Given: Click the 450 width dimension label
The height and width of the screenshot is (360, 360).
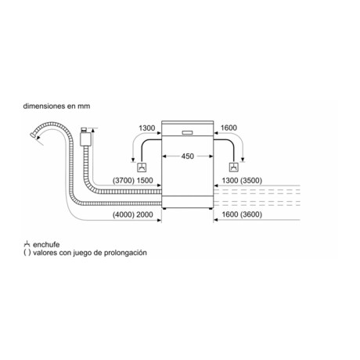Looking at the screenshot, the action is click(x=188, y=157).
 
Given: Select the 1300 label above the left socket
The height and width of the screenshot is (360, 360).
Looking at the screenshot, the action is click(x=147, y=128).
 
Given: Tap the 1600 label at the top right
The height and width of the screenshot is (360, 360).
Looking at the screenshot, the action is click(x=229, y=128).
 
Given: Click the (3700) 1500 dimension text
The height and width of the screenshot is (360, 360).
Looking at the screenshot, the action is click(x=133, y=180).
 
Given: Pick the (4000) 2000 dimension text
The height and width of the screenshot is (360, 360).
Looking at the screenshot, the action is click(x=133, y=214).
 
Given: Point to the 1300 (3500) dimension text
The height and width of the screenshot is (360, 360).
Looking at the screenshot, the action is click(x=242, y=180).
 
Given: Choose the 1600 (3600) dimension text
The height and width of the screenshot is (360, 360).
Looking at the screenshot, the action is click(x=242, y=214).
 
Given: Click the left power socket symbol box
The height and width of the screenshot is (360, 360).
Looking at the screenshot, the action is click(x=142, y=167).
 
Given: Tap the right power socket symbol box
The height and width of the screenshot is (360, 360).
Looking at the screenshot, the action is click(x=233, y=167).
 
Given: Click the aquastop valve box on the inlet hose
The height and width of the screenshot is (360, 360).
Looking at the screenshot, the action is click(x=85, y=139).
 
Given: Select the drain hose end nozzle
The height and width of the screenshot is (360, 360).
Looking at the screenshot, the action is click(x=33, y=135).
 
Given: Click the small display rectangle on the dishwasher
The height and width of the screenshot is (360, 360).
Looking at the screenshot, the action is click(x=187, y=132).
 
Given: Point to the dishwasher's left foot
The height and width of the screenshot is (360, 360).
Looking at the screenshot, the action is click(x=164, y=208).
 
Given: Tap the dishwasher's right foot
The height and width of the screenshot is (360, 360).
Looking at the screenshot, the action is click(x=211, y=208).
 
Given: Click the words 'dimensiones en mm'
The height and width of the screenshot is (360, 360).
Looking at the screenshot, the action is click(x=56, y=106).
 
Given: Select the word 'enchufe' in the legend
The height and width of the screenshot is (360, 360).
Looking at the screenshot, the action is click(x=46, y=245).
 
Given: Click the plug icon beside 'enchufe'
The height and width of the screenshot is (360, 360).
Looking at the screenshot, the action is click(x=27, y=244).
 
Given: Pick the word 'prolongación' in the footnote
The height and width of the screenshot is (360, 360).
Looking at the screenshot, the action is click(x=125, y=253).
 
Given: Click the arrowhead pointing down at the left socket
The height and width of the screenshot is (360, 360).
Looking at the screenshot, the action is click(x=133, y=160).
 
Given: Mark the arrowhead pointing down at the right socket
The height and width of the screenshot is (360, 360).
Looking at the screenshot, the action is click(x=243, y=160).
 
